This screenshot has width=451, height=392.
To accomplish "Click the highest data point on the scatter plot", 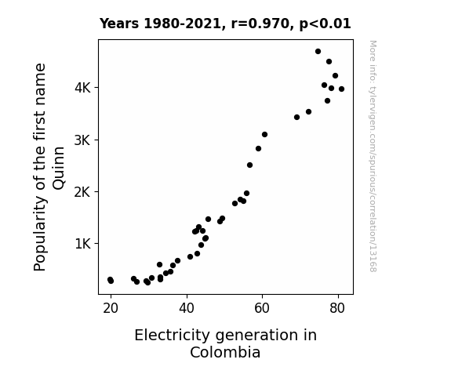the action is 318,52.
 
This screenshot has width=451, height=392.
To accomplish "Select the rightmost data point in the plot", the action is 341,89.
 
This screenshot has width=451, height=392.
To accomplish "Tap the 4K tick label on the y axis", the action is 82,88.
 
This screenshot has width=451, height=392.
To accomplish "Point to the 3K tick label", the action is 82,140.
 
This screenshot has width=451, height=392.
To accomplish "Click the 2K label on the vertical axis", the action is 82,192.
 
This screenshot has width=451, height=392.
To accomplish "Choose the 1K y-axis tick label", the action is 83,244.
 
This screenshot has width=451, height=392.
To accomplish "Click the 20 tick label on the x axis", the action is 111,308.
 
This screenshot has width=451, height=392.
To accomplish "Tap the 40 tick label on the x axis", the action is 187,308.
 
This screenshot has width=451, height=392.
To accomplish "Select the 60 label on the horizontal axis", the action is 262,308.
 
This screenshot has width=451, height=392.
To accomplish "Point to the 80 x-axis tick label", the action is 337,308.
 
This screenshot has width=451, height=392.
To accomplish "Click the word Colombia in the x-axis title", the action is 225,352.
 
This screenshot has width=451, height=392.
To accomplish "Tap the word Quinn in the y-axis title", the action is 58,168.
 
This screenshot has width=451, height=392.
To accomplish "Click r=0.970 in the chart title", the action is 260,24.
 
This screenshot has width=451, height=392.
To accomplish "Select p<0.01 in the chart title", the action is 326,24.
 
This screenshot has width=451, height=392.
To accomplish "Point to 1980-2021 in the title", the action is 182,24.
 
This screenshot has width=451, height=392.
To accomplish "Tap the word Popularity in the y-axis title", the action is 40,234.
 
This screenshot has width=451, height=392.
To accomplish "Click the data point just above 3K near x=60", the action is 264,135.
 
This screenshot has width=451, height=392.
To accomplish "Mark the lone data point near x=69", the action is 296,118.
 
